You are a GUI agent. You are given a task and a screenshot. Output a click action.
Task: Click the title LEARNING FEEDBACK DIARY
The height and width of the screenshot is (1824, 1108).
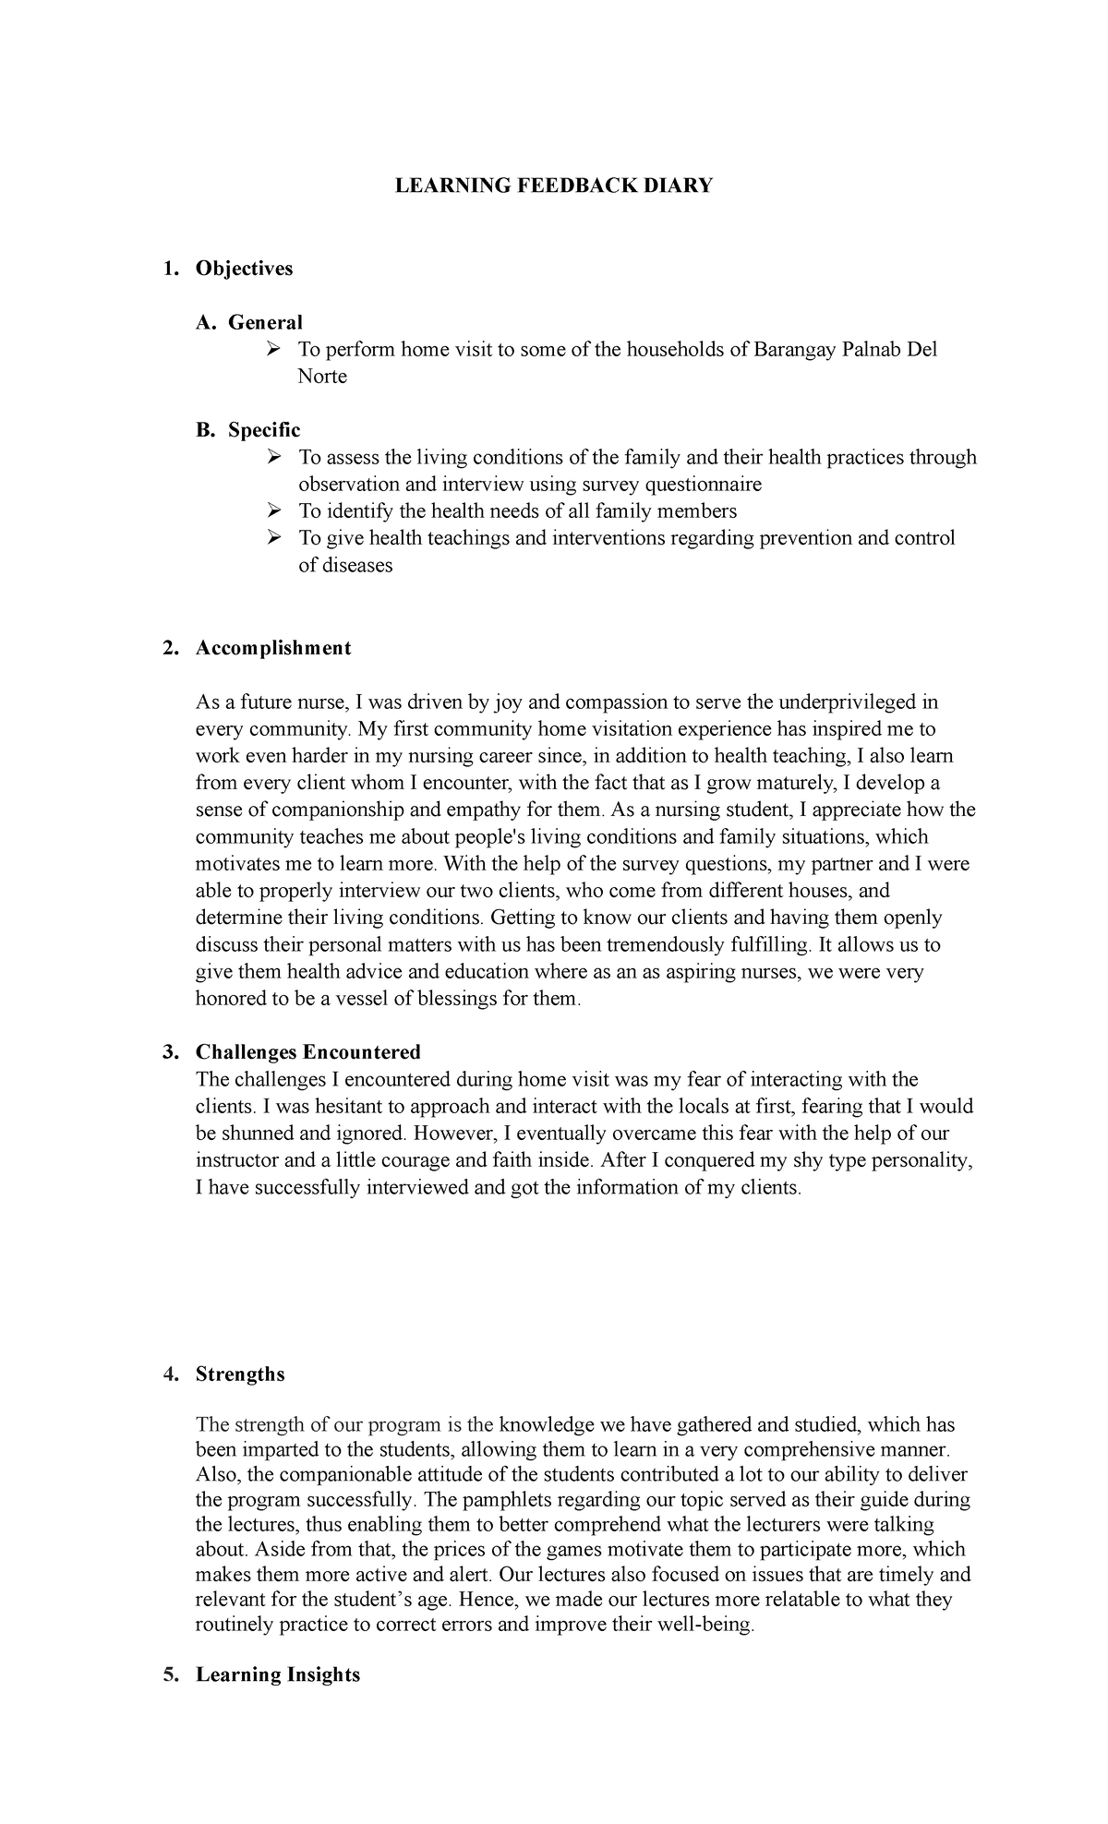tap(554, 186)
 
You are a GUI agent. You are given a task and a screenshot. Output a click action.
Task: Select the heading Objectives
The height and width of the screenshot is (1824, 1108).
tap(244, 269)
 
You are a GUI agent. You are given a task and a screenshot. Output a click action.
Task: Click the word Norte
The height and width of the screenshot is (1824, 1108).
tap(322, 377)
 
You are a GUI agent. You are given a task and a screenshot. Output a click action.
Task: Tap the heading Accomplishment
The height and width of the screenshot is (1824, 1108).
tap(272, 648)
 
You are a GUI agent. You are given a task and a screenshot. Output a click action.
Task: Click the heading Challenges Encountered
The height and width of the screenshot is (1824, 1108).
tap(307, 1052)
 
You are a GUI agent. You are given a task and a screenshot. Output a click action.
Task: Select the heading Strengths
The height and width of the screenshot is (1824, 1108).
tap(240, 1374)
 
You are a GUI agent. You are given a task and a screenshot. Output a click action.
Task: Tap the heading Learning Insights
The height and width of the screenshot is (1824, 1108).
tap(277, 1674)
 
